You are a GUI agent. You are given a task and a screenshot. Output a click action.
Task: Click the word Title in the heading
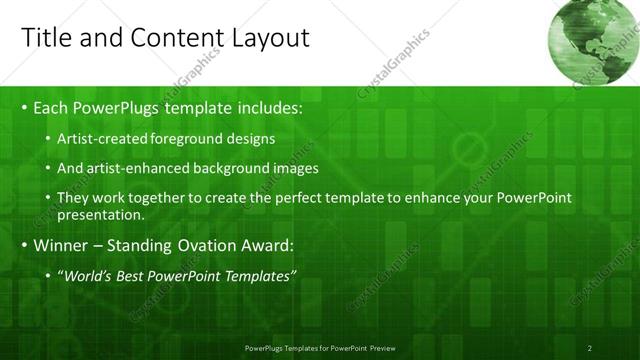46,38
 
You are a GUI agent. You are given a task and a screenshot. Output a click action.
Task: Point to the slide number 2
590,348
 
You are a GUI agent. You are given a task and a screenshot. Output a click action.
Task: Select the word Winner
61,245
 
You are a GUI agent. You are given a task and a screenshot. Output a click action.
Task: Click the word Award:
265,245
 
